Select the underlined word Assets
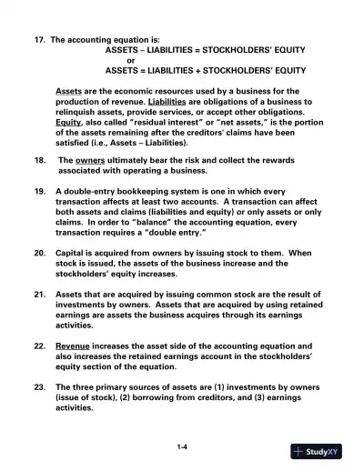[68, 92]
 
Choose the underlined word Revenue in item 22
[74, 346]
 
